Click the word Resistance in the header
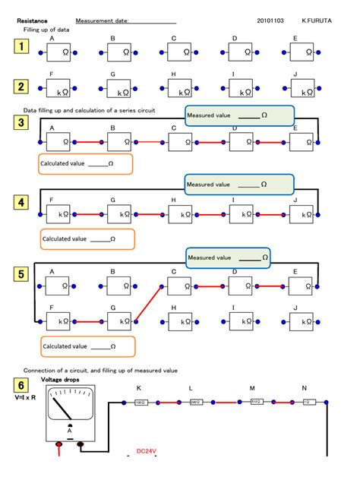(x=32, y=21)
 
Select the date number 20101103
(x=271, y=21)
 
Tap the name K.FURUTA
(x=317, y=21)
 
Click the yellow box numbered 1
(x=22, y=48)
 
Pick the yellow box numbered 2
(x=22, y=87)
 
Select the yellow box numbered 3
(x=22, y=123)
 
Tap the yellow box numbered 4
(x=22, y=202)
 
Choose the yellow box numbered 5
(x=22, y=273)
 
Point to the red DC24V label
(x=146, y=451)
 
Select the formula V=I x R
(x=25, y=396)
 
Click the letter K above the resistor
(x=138, y=387)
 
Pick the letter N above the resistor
(x=305, y=387)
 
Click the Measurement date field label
(x=102, y=21)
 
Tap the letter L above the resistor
(x=191, y=387)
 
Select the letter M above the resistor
(x=252, y=387)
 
